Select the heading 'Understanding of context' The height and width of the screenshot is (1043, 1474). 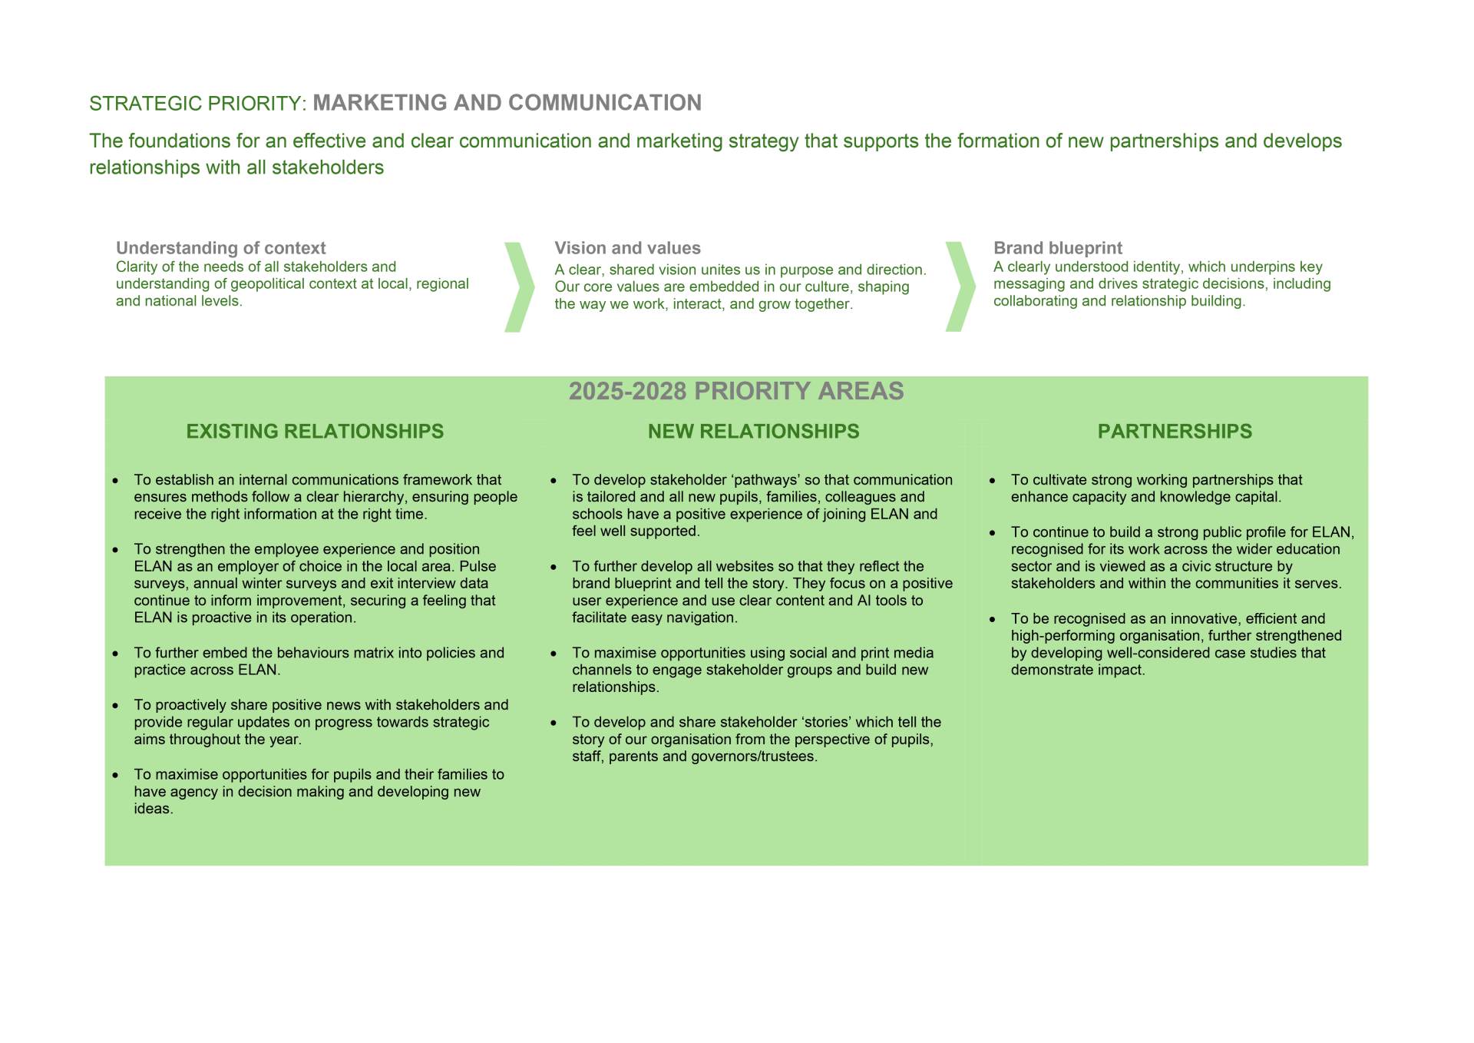tap(220, 248)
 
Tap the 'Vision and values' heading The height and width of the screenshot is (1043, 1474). tap(627, 248)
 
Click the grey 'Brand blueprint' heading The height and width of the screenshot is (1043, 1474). tap(1057, 248)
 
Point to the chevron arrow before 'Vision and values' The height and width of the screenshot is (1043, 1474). tap(519, 287)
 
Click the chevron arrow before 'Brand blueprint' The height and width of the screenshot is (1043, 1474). tap(960, 287)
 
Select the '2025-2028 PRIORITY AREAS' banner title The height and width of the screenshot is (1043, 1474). tap(735, 392)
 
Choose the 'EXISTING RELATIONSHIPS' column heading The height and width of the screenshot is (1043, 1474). tap(315, 432)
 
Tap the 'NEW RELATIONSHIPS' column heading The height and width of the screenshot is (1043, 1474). tap(753, 432)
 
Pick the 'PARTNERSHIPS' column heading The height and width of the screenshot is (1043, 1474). tap(1175, 432)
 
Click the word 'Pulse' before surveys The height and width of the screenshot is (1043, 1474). tap(478, 566)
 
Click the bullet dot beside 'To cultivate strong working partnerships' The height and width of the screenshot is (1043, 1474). tap(992, 481)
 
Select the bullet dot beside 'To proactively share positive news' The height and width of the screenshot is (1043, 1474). tap(115, 706)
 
